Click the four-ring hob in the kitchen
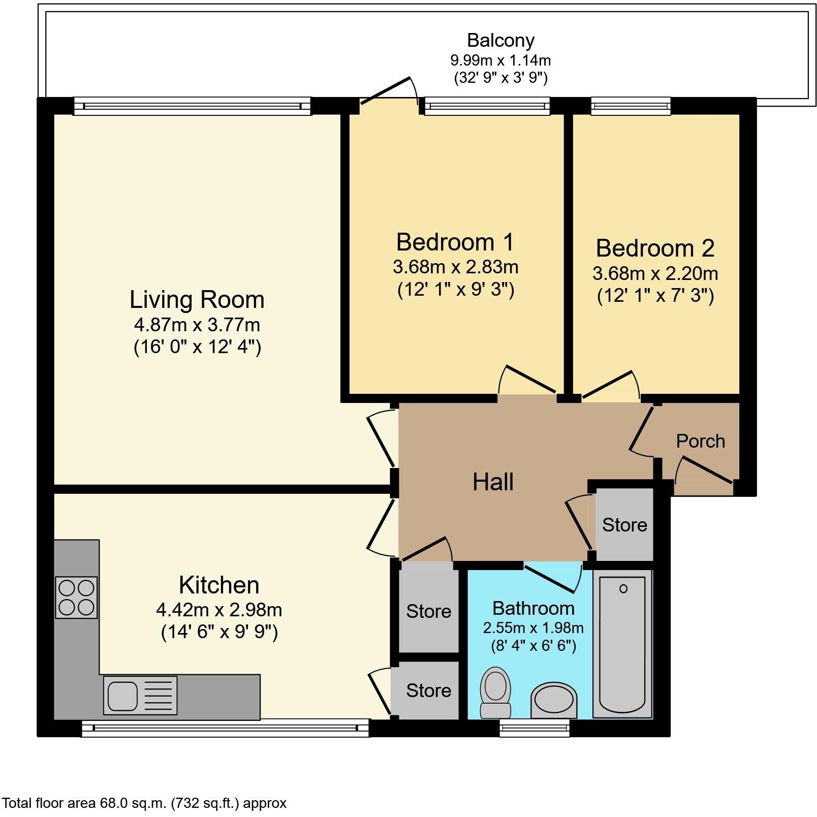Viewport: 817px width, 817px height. coord(76,597)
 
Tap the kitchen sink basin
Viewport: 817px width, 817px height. coord(122,696)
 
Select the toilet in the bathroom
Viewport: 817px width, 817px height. coord(495,693)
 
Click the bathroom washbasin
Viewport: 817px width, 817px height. coord(554,699)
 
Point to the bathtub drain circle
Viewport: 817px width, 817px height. coord(623,589)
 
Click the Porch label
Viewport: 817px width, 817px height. coord(700,441)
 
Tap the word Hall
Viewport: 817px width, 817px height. coord(493,482)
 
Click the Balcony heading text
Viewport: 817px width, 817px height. coord(500,40)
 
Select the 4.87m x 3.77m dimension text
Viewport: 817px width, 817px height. coord(197,324)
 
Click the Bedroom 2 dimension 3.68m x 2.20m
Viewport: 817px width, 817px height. coord(655,274)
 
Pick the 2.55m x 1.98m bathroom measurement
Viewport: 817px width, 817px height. coord(533,628)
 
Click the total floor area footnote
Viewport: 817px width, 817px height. coord(144,803)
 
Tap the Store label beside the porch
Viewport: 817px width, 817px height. coord(624,525)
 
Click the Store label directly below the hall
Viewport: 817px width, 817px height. coord(428,611)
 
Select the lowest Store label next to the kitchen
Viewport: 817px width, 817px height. coord(428,690)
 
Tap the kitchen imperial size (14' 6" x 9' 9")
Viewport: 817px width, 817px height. coord(219,633)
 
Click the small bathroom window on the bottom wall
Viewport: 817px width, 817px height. coord(534,728)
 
